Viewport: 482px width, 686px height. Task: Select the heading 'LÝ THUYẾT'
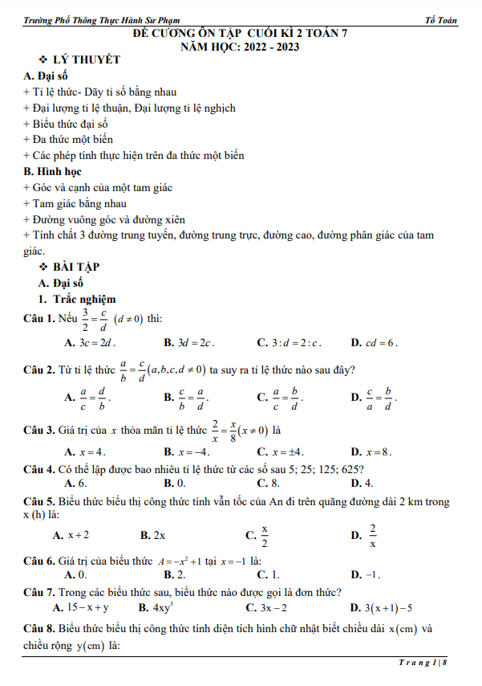pos(86,61)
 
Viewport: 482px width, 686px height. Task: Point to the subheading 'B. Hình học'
pos(53,171)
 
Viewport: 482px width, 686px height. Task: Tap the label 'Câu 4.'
pos(39,468)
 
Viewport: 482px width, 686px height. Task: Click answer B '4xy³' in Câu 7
pos(164,607)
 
